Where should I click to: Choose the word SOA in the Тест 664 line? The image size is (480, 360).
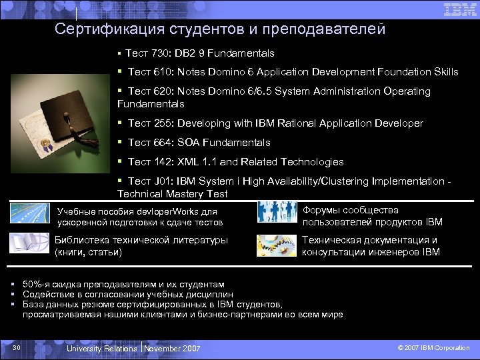(189, 143)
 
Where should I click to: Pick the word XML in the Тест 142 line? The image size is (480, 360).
(188, 162)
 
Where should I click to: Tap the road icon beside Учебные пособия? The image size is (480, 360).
(29, 213)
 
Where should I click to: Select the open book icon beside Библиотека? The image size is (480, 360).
(29, 243)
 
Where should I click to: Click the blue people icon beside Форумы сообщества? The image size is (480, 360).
(277, 213)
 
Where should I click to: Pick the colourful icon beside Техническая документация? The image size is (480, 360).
(277, 245)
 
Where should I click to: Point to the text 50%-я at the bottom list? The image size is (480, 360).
(37, 284)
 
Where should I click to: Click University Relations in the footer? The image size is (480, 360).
(102, 348)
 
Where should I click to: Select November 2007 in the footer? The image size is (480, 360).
(172, 348)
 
